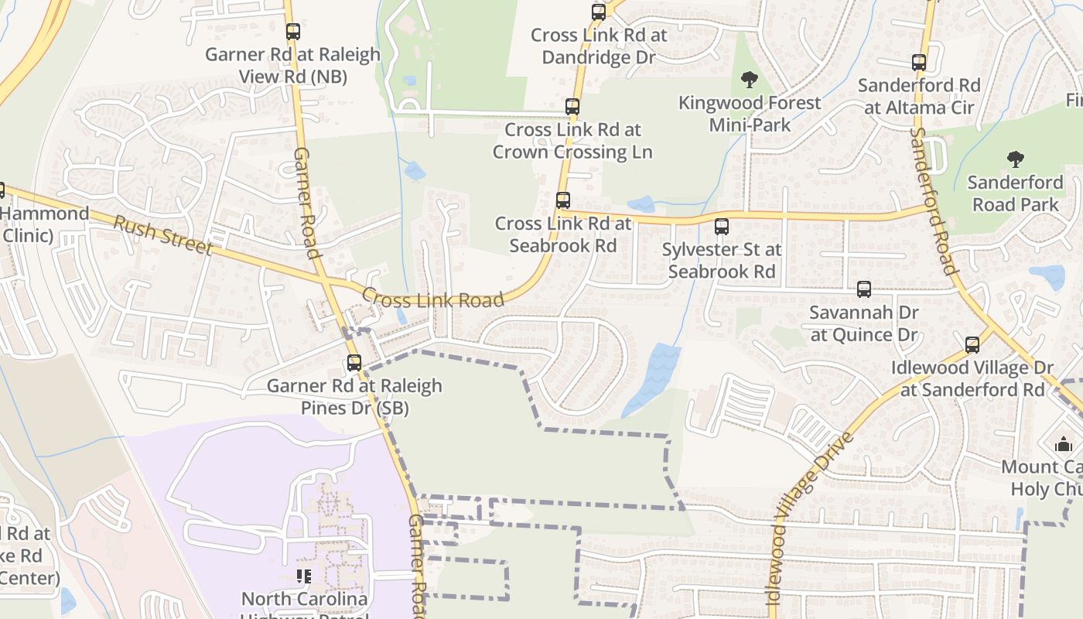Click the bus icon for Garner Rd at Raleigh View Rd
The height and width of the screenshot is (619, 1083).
(x=293, y=32)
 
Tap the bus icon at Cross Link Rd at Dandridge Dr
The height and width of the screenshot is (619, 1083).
(x=599, y=12)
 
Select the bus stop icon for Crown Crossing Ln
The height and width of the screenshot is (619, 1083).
(x=572, y=107)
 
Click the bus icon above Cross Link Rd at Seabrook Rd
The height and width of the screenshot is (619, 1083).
(x=563, y=200)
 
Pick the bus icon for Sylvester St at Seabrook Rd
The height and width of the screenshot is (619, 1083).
(x=722, y=227)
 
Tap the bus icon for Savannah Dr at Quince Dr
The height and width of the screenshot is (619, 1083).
(x=864, y=289)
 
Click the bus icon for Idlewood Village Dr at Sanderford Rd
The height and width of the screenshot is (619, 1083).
(x=972, y=345)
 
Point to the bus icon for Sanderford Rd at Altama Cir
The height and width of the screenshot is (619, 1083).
(x=919, y=63)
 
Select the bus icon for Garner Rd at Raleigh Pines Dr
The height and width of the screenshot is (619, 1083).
(x=354, y=362)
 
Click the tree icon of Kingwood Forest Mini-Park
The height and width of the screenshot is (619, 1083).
(x=749, y=79)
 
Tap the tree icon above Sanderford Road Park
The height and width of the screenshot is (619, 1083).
(x=1016, y=159)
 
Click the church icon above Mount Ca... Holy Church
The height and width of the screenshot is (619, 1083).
(x=1064, y=444)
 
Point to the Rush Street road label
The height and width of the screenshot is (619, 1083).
(x=162, y=235)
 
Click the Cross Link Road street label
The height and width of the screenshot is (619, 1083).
(x=432, y=299)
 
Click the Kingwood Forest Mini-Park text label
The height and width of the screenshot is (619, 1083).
(x=749, y=114)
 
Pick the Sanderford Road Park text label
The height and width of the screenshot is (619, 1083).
(x=1016, y=193)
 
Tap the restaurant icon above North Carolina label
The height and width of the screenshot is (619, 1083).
(x=304, y=576)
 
